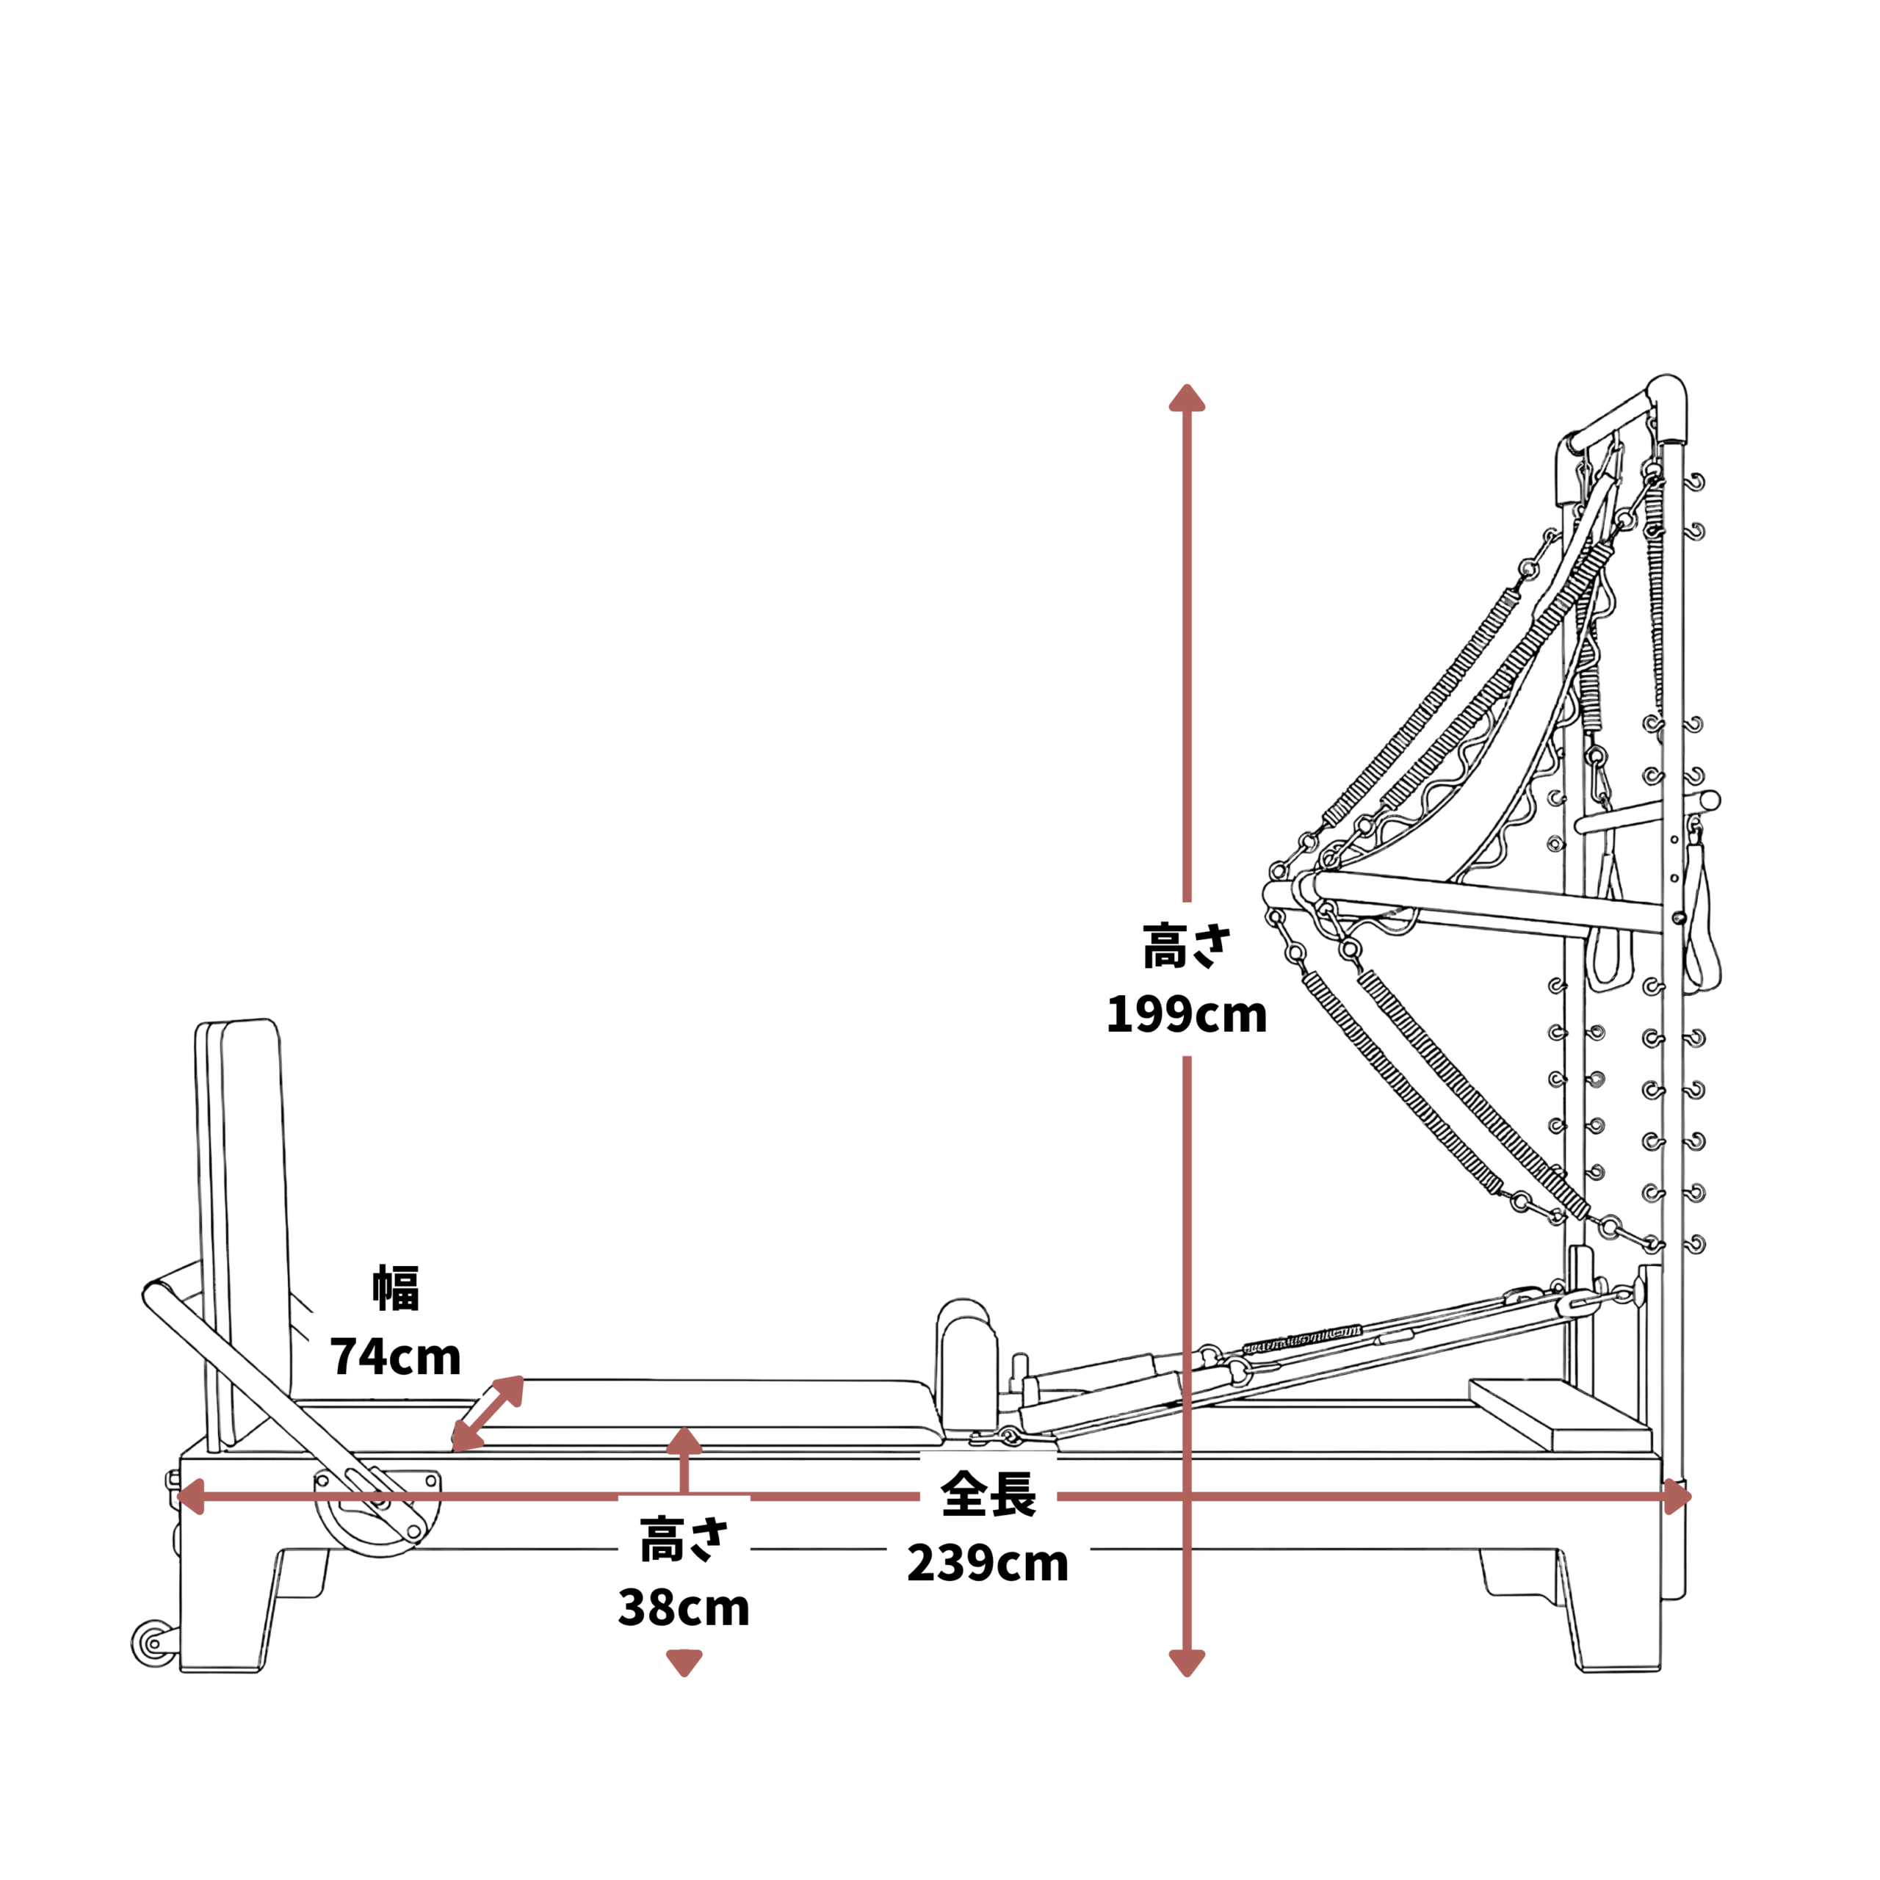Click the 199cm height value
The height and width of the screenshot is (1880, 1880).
coord(1186,1015)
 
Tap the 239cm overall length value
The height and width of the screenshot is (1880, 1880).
coord(988,1563)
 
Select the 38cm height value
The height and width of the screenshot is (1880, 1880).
coord(684,1608)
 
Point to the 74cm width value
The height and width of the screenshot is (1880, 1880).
coord(395,1356)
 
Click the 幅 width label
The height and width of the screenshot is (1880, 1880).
coord(396,1288)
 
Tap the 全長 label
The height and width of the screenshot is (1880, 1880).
coord(988,1494)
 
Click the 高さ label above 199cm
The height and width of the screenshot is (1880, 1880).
coord(1186,946)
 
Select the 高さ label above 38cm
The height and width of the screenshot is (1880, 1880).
coord(684,1539)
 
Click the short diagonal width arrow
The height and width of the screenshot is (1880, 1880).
coord(488,1414)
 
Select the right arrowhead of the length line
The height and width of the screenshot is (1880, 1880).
coord(1677,1497)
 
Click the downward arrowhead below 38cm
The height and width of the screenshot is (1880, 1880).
coord(684,1664)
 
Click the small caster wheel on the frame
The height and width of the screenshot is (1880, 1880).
coord(153,1644)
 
